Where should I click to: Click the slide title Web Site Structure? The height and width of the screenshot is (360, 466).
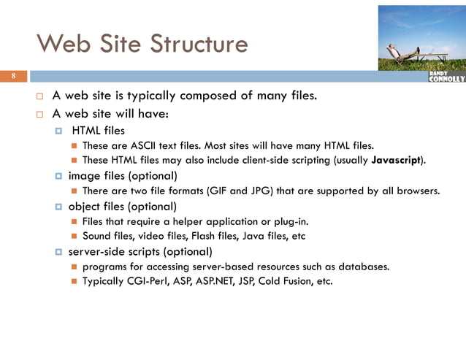142,44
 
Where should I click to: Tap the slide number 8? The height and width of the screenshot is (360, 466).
12,77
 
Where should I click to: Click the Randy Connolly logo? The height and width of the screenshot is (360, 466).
446,77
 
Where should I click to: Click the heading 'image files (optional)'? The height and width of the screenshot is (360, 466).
123,176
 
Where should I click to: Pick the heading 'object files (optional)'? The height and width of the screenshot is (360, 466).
123,207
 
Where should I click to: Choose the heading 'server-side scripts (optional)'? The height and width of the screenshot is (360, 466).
140,252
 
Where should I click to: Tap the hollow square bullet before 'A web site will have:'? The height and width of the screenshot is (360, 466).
41,114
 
